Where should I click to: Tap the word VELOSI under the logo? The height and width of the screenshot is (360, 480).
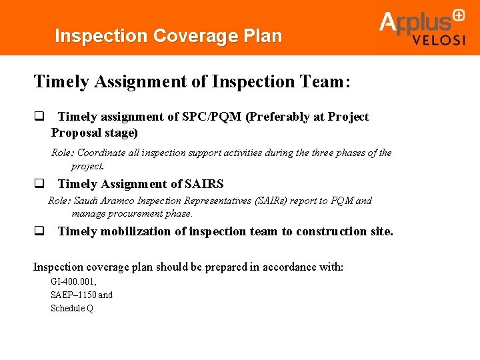[438, 40]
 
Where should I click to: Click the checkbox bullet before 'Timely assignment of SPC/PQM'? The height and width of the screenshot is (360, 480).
[39, 117]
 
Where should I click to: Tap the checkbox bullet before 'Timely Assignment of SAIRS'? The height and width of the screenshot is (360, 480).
[39, 184]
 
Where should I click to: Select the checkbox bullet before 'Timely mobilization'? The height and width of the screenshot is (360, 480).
[39, 231]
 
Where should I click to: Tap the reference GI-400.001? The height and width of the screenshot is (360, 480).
[73, 282]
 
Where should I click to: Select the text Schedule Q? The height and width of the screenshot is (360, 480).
[73, 308]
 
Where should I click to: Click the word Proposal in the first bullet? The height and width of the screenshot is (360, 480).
[76, 133]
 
